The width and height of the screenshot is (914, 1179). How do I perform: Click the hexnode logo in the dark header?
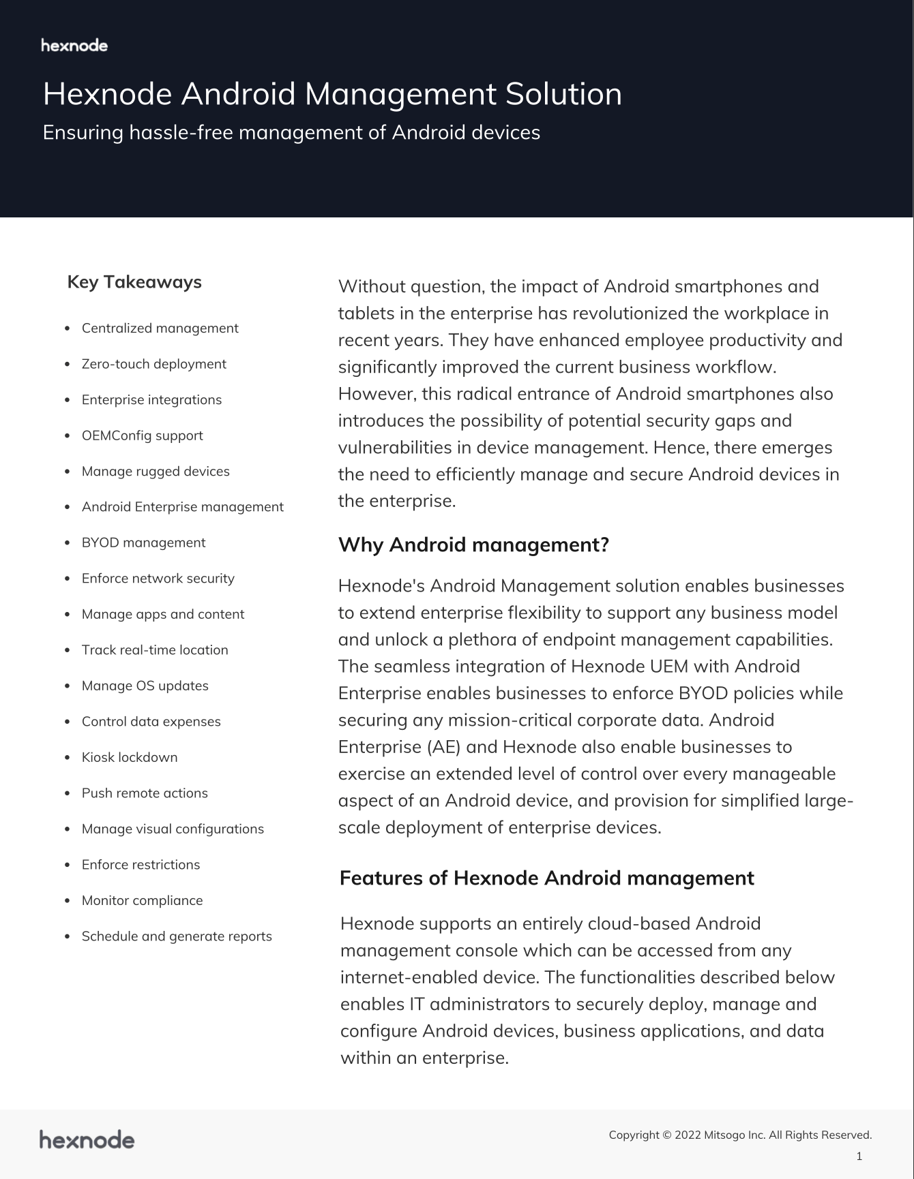click(x=74, y=46)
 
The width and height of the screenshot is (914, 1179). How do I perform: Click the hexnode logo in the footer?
click(x=87, y=1139)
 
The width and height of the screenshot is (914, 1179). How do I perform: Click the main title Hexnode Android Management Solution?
click(x=332, y=94)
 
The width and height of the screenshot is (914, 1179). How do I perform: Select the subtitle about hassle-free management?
click(x=291, y=132)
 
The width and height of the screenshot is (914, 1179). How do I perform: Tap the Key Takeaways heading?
click(x=134, y=282)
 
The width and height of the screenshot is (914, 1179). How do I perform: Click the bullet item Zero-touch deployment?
click(x=153, y=364)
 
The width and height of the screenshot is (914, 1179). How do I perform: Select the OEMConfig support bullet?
click(x=142, y=435)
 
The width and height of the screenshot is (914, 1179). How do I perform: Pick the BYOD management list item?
click(x=143, y=542)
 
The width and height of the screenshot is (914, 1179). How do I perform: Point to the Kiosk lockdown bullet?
click(x=130, y=757)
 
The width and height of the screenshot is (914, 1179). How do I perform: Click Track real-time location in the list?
click(x=155, y=650)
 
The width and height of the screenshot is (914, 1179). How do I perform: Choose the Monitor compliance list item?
click(x=142, y=900)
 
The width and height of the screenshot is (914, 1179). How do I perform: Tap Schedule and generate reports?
click(x=177, y=936)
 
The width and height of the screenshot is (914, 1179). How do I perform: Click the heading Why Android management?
click(x=473, y=545)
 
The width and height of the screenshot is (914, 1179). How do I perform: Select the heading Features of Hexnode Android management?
click(x=546, y=878)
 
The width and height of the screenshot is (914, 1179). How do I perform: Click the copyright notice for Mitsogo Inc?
click(x=740, y=1135)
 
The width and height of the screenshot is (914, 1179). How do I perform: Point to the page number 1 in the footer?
click(x=859, y=1156)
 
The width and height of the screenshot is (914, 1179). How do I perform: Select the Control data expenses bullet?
click(x=151, y=722)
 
